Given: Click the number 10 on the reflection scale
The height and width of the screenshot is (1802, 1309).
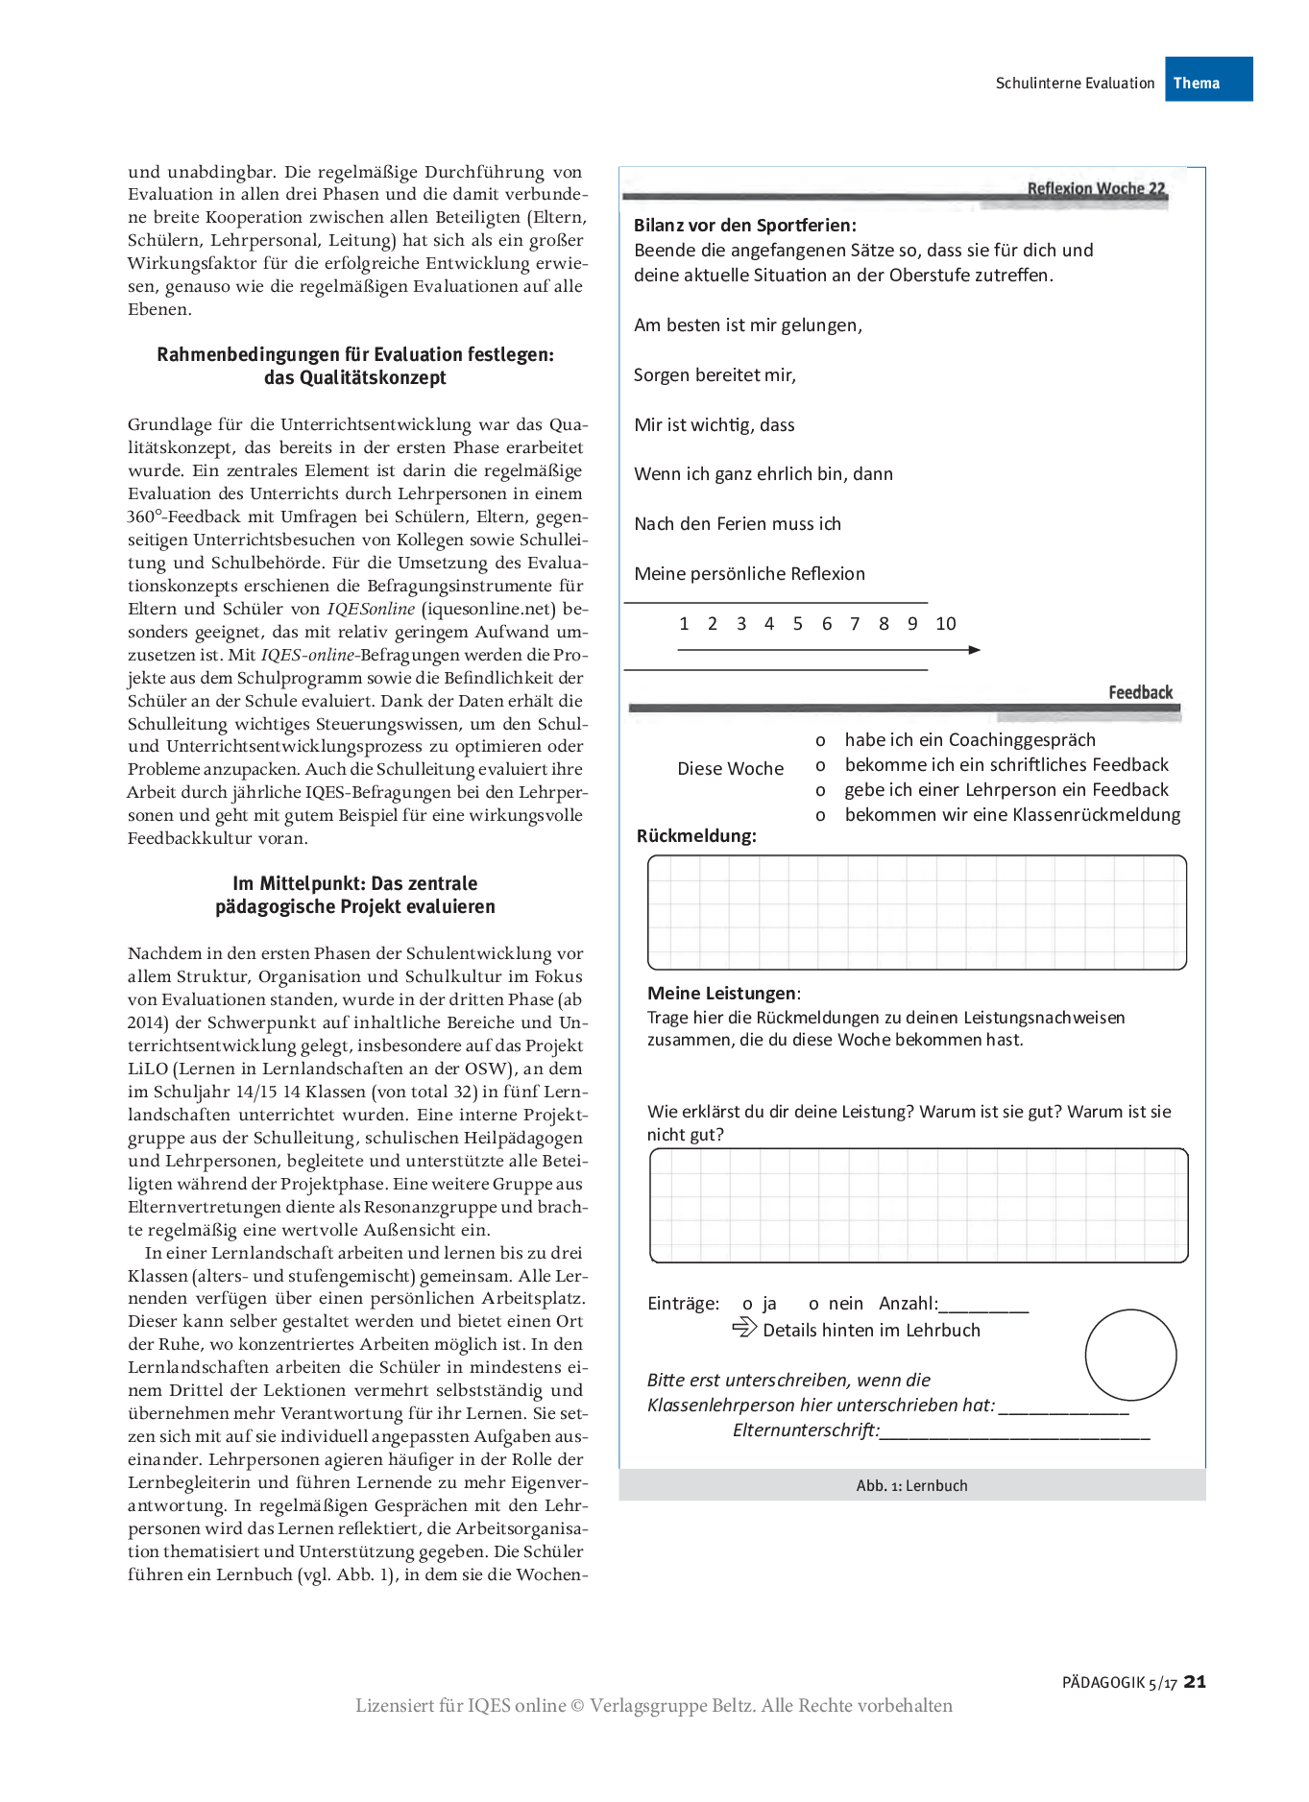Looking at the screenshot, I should tap(945, 624).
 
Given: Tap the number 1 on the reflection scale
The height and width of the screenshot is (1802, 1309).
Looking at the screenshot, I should tap(684, 624).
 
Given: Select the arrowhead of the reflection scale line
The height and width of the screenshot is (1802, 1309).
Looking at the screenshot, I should tap(975, 650).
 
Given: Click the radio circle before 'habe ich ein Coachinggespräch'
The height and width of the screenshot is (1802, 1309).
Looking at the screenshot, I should tap(820, 741).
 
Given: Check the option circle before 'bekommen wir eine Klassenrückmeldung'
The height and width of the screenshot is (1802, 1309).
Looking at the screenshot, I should tap(820, 816).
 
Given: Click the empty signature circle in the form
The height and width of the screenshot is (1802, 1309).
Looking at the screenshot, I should tap(1130, 1355).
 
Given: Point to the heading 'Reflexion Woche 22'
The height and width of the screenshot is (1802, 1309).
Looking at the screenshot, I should tap(1096, 188).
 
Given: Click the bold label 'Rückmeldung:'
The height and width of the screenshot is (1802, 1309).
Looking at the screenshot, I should tap(696, 836).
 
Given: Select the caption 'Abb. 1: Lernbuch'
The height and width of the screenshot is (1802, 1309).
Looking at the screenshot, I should tap(911, 1485).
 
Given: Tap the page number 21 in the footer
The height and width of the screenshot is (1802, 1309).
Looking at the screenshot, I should tap(1195, 1681).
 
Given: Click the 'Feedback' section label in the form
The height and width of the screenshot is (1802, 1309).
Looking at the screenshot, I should tap(1140, 692).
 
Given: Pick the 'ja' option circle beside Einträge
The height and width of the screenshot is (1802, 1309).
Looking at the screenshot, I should tap(747, 1305).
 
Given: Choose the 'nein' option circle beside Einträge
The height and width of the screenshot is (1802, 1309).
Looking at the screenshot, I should tap(813, 1305).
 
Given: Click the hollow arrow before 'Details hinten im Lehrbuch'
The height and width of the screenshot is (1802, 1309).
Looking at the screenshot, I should tap(744, 1328).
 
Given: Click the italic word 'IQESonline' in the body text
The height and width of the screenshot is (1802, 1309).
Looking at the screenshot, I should tap(371, 609).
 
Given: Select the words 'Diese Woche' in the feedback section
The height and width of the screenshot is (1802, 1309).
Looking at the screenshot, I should tap(730, 769).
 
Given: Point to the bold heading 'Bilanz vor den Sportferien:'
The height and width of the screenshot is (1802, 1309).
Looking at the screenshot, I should tap(744, 226).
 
